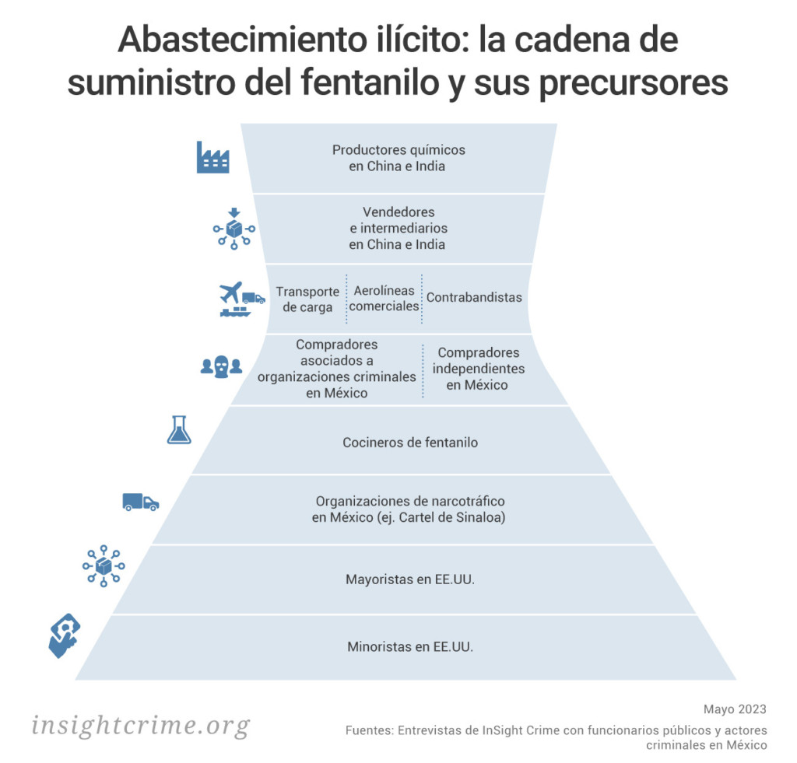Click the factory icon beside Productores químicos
coord(212,157)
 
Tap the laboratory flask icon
coord(179,430)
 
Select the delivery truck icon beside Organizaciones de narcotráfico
coord(140,502)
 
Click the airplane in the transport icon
coord(230,292)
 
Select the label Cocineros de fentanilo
coord(410,443)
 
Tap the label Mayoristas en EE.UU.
coord(410,579)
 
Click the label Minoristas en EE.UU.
coord(410,646)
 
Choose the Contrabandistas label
coord(474,297)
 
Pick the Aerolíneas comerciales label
coord(384,298)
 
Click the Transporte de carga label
coord(307,299)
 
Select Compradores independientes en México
coord(479,369)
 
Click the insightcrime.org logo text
coord(141,726)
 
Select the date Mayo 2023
coord(735,709)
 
